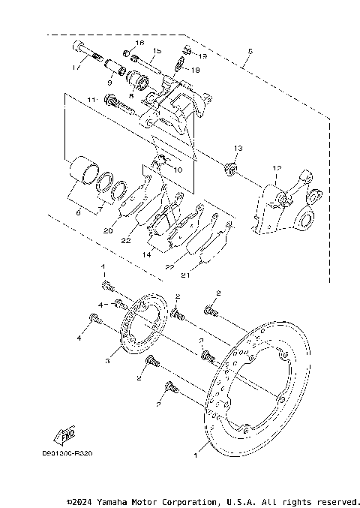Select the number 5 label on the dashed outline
pos(250,52)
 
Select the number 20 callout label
pos(108,231)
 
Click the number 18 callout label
pos(196,69)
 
